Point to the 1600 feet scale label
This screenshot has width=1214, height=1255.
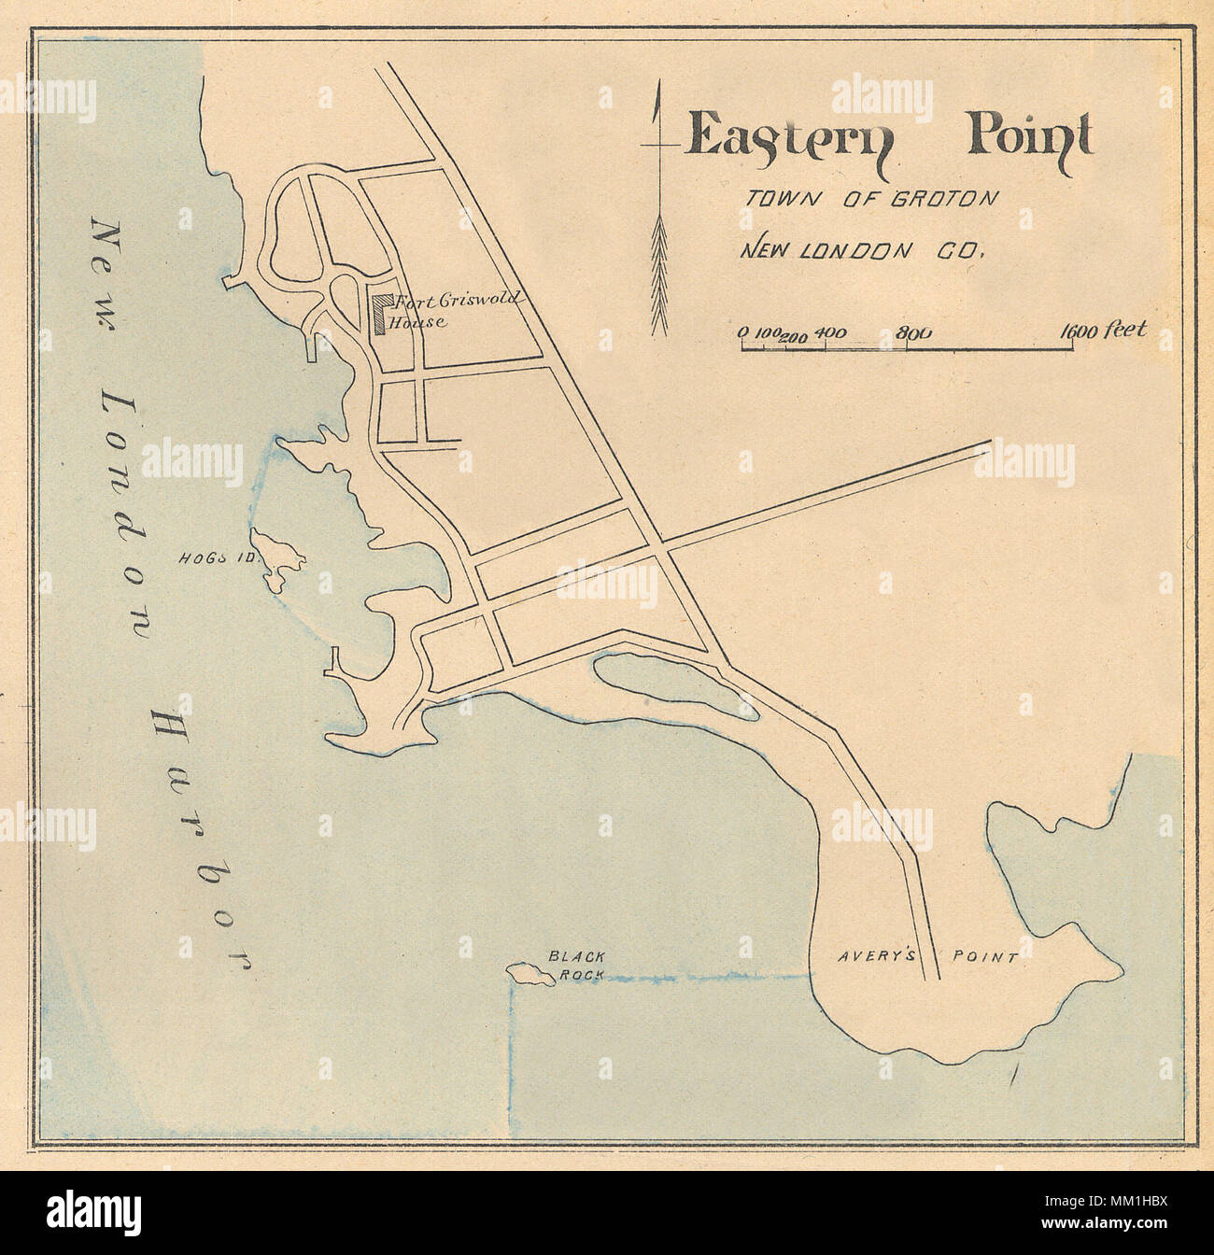point(1102,331)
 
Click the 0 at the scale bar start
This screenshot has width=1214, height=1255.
point(743,333)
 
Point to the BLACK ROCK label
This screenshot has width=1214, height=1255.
point(576,965)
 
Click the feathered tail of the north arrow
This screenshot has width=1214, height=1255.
point(659,275)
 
